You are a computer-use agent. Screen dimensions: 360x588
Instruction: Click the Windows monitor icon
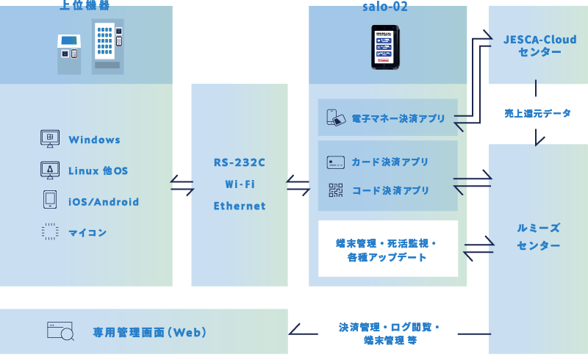point(50,139)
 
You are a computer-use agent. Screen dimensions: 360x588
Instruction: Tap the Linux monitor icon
point(50,170)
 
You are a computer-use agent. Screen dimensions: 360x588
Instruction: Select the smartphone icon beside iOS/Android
point(50,201)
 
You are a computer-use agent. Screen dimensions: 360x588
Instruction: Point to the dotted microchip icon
point(50,232)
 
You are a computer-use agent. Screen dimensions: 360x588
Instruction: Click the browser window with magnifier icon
point(60,331)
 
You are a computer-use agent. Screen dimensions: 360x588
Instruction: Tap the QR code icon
point(336,190)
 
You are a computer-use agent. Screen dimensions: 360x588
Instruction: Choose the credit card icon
point(336,162)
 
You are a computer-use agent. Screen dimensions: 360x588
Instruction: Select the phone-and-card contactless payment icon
point(336,118)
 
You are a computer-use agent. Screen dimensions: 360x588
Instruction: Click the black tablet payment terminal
point(385,47)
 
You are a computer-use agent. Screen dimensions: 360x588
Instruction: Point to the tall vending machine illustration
point(107,46)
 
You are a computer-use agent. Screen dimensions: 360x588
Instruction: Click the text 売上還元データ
point(537,113)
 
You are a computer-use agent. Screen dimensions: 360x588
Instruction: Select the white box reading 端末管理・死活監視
point(387,249)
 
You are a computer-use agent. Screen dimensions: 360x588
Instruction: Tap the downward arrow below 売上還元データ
point(539,137)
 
